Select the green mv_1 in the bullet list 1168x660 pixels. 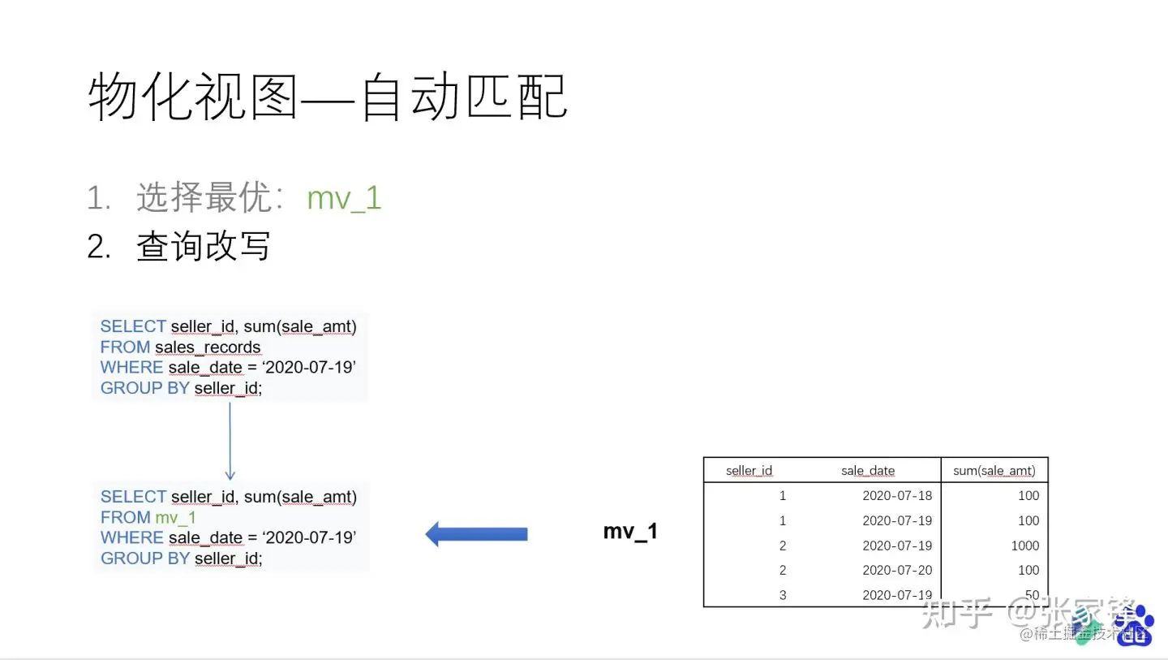tap(344, 198)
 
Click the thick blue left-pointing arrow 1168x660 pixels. tap(476, 534)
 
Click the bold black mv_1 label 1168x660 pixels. tap(630, 532)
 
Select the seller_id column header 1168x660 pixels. tap(749, 471)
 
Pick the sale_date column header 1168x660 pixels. tap(868, 471)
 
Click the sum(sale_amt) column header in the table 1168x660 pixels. tap(994, 471)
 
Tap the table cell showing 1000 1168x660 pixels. tap(1024, 546)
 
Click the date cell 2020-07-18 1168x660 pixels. tap(897, 496)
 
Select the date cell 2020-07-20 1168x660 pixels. tap(897, 571)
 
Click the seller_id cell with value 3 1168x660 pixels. tap(782, 595)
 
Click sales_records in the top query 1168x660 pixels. tap(208, 347)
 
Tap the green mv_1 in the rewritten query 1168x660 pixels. tap(175, 518)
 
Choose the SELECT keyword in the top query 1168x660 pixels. tap(133, 326)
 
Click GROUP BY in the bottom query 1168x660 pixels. tap(144, 559)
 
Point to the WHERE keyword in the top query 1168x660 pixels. tap(131, 368)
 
